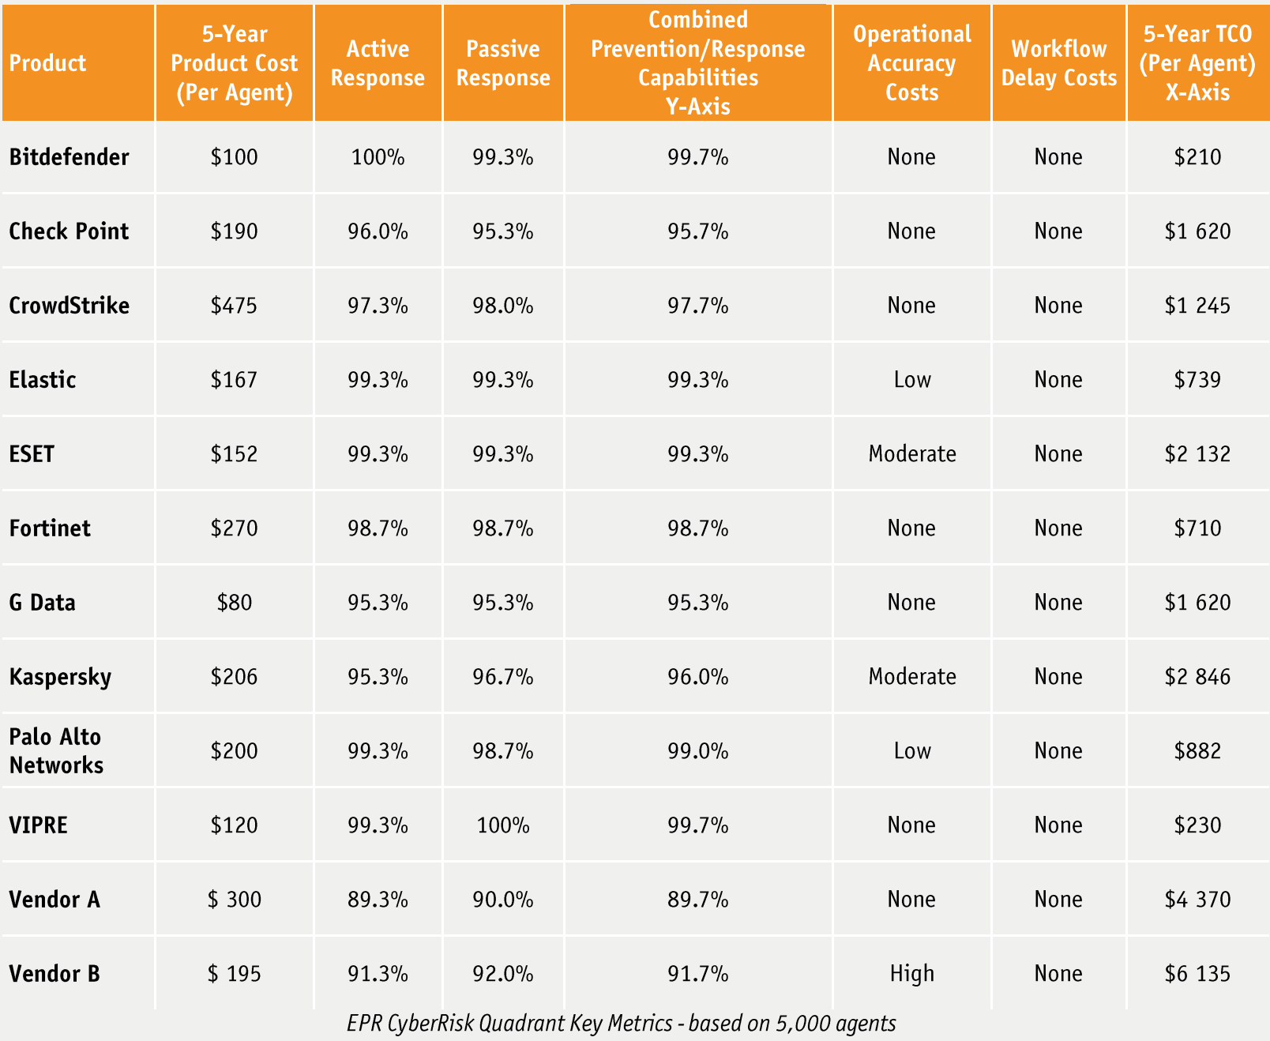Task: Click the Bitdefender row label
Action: [69, 157]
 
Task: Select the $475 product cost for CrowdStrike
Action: [234, 306]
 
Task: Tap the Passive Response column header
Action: [503, 63]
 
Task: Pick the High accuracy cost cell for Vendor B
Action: [911, 974]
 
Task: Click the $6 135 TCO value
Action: [1197, 974]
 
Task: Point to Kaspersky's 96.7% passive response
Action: [503, 677]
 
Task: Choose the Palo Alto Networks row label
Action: [56, 751]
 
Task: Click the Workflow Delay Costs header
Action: [1058, 63]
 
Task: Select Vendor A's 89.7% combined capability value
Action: [697, 900]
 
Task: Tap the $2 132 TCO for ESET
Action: [1197, 454]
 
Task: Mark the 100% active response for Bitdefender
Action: [378, 157]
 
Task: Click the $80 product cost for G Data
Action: [234, 603]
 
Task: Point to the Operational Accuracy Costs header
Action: [911, 63]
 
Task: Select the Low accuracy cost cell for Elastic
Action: [911, 380]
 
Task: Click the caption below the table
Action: [621, 1024]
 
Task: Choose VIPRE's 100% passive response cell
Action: [503, 825]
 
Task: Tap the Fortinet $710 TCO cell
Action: [1197, 528]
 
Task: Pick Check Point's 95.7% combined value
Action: [697, 231]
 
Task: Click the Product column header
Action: [47, 63]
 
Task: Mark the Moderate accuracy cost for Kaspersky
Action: [911, 677]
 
